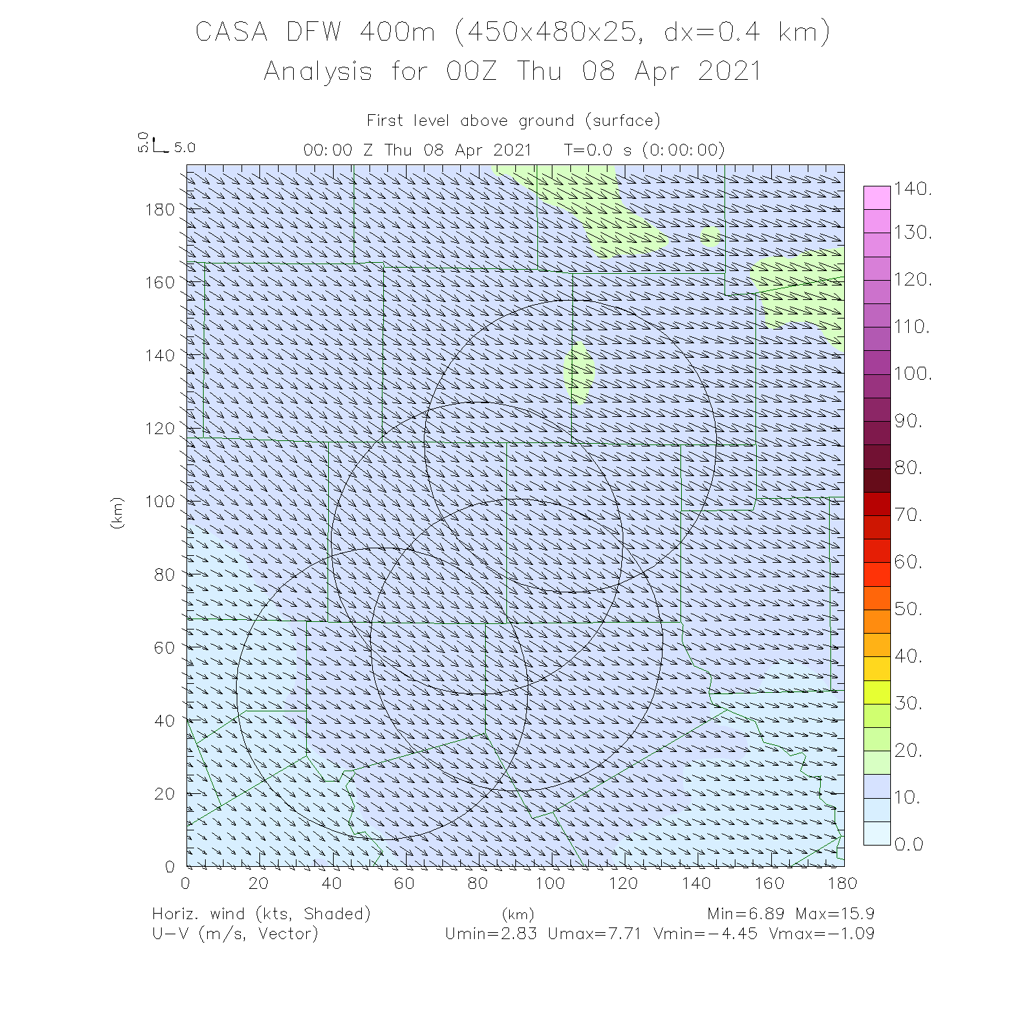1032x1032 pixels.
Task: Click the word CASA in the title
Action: (x=231, y=32)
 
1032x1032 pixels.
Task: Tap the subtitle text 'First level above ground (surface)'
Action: (x=513, y=121)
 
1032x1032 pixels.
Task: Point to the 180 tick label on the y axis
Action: (x=160, y=209)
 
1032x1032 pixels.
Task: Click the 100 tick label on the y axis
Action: (x=160, y=501)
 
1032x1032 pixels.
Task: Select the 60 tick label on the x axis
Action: (x=405, y=883)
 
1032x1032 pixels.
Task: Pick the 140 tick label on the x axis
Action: (x=696, y=883)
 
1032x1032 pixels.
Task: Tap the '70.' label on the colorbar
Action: (x=908, y=515)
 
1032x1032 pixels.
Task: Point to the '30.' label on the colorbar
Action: (x=908, y=703)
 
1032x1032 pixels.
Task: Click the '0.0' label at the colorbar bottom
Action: (x=908, y=845)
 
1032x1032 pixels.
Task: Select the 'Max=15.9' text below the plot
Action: (x=835, y=914)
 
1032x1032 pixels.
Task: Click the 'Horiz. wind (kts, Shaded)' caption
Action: (x=261, y=914)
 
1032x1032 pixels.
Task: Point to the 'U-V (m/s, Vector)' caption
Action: (x=235, y=934)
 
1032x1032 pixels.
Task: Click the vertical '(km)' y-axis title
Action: (x=117, y=513)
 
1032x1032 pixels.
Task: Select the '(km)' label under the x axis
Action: (x=517, y=915)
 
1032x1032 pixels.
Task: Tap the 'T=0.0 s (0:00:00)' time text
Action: (x=644, y=150)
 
